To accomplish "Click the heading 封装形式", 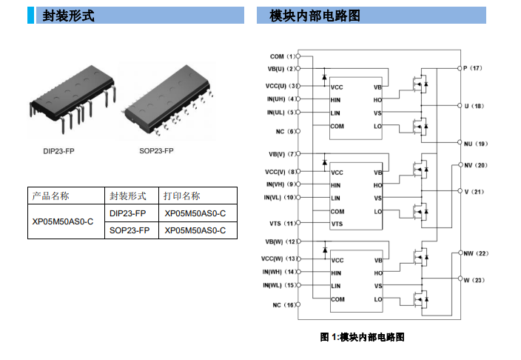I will click(x=68, y=16).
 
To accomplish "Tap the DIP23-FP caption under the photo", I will click(x=59, y=151).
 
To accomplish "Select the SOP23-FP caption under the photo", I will click(x=157, y=151).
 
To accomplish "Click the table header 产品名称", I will click(x=51, y=196).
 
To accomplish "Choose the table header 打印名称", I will click(x=181, y=196).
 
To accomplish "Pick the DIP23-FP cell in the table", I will click(x=128, y=213).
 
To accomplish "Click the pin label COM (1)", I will click(x=281, y=56).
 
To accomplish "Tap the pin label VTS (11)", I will click(x=281, y=224).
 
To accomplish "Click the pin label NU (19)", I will click(x=475, y=144).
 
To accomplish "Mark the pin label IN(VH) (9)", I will click(x=280, y=184).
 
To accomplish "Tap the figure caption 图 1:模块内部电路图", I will click(x=363, y=337).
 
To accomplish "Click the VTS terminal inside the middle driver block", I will click(x=337, y=224).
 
